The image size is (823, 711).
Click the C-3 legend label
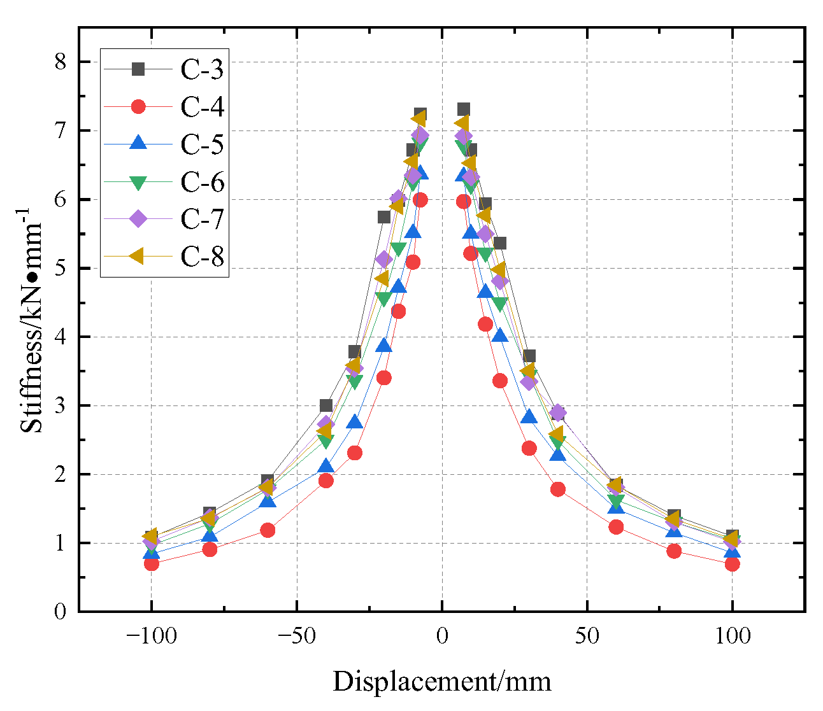click(202, 70)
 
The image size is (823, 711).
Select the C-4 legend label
click(202, 108)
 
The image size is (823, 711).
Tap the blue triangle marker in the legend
click(138, 144)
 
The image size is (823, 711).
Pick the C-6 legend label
click(202, 182)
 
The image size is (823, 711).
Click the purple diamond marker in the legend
click(138, 219)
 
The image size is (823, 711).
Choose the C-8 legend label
click(202, 256)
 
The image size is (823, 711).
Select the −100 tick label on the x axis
click(151, 635)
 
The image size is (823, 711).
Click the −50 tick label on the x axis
click(296, 635)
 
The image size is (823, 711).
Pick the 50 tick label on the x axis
click(587, 635)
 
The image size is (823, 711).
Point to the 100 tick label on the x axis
click(732, 635)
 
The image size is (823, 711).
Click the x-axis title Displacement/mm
click(441, 682)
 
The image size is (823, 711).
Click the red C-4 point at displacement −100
click(152, 563)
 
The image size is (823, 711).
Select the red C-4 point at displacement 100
click(732, 563)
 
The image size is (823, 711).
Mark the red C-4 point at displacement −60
click(268, 530)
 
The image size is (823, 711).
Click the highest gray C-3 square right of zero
click(464, 109)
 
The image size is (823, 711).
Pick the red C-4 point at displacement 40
click(558, 489)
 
